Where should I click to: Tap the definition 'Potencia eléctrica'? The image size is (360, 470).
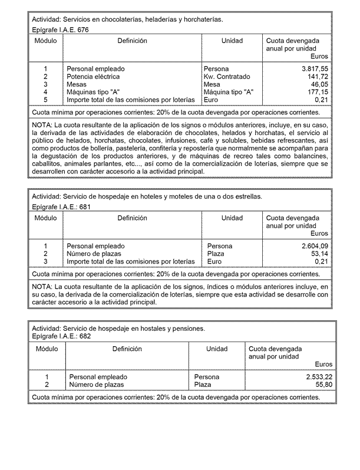(93, 77)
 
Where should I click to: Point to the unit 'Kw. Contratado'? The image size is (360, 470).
(227, 77)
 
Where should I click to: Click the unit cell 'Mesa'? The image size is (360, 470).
(212, 84)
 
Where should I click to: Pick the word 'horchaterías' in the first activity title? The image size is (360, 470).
(203, 19)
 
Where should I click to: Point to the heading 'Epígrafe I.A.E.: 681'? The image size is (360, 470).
(62, 206)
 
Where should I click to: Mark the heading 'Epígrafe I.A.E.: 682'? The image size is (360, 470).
(61, 336)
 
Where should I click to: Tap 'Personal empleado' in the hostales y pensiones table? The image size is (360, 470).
(98, 377)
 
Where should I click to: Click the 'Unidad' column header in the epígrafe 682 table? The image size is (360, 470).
(217, 349)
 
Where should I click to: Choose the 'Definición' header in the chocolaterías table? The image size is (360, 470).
(132, 41)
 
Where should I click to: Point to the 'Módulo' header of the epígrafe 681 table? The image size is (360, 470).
(45, 218)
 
